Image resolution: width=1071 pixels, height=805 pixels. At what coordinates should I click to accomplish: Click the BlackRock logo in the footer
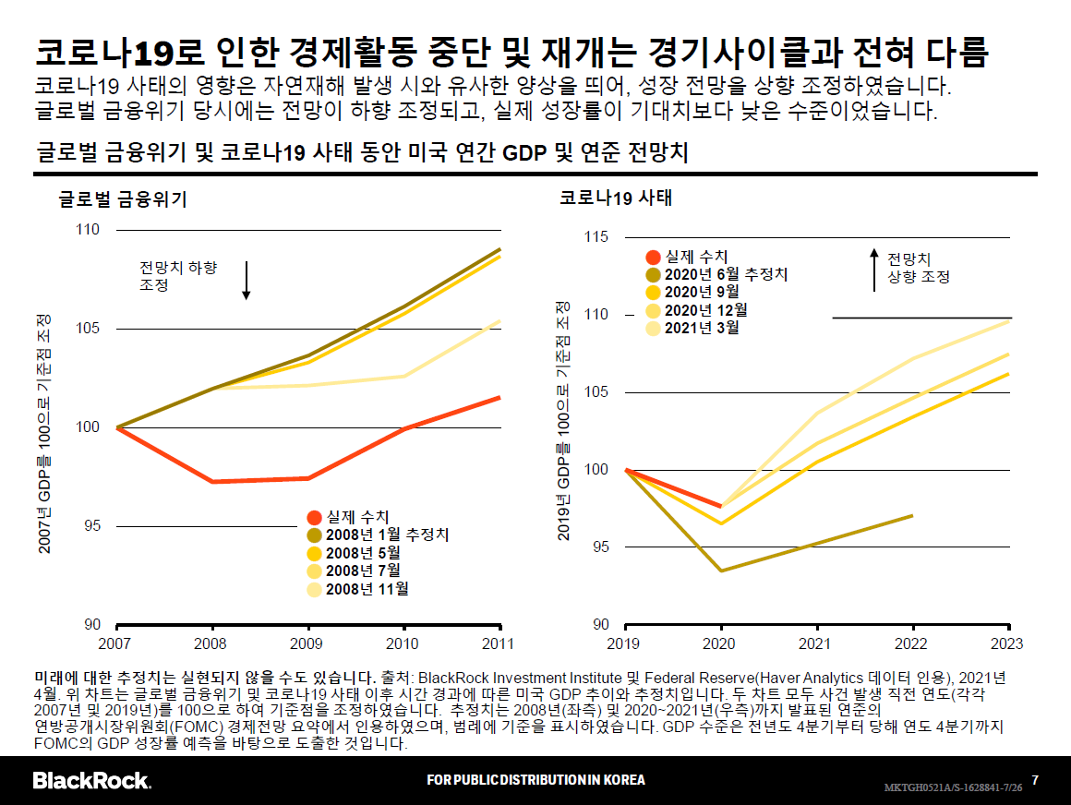(x=91, y=780)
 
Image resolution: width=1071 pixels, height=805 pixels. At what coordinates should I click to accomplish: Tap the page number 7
(x=1035, y=780)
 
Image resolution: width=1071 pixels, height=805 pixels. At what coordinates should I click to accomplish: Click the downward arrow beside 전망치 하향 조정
(x=247, y=281)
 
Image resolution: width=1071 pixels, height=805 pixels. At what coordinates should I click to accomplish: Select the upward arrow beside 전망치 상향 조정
(x=874, y=269)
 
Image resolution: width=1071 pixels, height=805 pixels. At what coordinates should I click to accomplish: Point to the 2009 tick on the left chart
(x=307, y=643)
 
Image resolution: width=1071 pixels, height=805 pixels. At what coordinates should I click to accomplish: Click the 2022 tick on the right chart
(x=912, y=643)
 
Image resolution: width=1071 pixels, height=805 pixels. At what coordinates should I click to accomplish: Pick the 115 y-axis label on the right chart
(x=596, y=238)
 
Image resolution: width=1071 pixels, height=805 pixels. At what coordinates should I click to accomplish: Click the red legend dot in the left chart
(x=314, y=519)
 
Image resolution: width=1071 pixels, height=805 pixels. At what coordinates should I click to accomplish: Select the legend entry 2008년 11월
(x=367, y=589)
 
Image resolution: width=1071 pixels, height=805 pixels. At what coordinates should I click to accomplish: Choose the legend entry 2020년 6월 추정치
(x=725, y=274)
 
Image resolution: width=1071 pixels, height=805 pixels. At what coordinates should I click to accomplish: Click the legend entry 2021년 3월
(x=701, y=327)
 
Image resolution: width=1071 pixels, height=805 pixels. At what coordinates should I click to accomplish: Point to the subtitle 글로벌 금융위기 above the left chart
(x=123, y=198)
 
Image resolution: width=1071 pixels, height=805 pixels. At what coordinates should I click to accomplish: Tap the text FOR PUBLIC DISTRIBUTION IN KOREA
(x=535, y=780)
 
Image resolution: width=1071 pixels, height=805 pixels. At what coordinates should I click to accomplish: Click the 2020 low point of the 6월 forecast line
(x=721, y=571)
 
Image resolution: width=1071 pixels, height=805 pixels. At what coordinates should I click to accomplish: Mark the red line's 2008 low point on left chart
(x=212, y=482)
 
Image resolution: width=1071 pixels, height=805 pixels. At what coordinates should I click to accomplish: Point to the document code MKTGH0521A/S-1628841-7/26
(x=953, y=787)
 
